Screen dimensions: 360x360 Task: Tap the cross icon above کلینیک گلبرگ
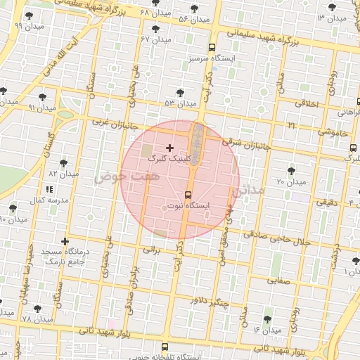(169, 148)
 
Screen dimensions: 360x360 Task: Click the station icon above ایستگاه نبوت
(188, 194)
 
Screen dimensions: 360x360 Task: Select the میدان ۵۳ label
(180, 103)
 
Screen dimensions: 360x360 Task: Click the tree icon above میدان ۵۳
(181, 92)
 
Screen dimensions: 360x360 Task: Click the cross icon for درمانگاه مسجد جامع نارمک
(65, 241)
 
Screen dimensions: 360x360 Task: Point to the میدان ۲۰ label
(290, 182)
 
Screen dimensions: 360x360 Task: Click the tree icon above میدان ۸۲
(64, 162)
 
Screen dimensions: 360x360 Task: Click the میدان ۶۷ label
(156, 39)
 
